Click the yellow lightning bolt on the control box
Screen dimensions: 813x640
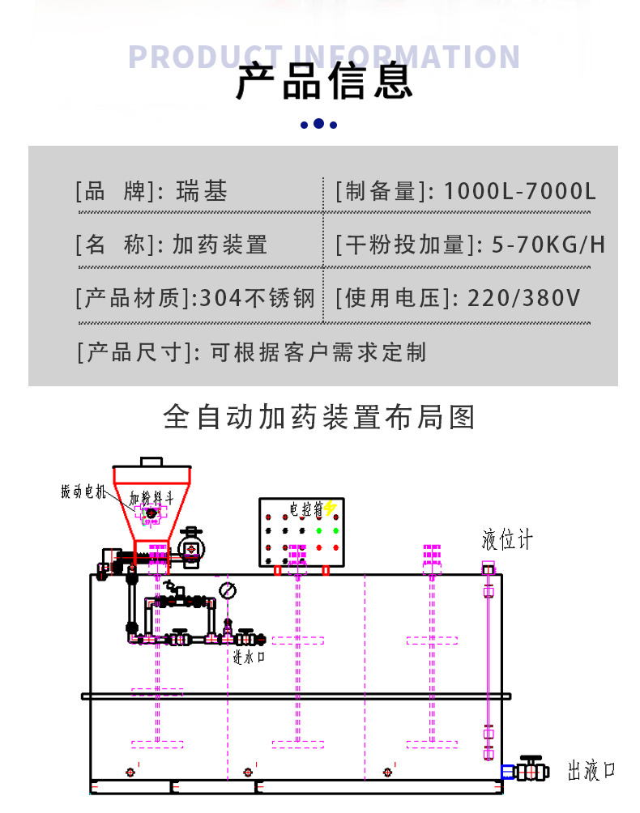pyautogui.click(x=330, y=509)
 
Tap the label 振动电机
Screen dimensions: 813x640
pyautogui.click(x=83, y=492)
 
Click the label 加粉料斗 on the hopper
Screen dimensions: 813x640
pyautogui.click(x=152, y=497)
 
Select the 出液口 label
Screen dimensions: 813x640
pyautogui.click(x=591, y=771)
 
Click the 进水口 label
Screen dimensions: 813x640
pyautogui.click(x=249, y=658)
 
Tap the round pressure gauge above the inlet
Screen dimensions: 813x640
pyautogui.click(x=228, y=590)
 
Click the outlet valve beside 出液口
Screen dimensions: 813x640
pyautogui.click(x=531, y=769)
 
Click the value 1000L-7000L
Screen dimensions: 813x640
pyautogui.click(x=520, y=191)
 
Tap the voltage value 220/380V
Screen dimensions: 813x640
pyautogui.click(x=524, y=298)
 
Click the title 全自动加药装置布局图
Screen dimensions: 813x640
pyautogui.click(x=319, y=417)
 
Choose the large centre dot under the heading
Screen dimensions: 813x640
pyautogui.click(x=318, y=124)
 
